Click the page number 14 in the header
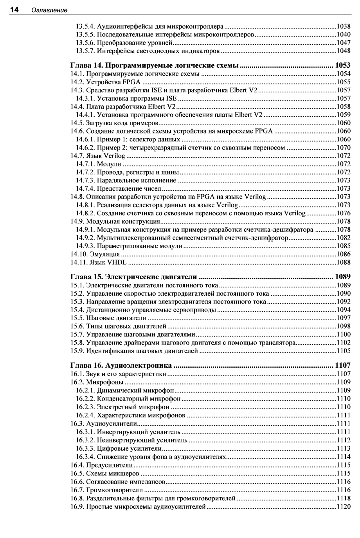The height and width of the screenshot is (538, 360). pyautogui.click(x=14, y=10)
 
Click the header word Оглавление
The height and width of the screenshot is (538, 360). pyautogui.click(x=50, y=10)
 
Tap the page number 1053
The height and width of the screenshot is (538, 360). pyautogui.click(x=343, y=65)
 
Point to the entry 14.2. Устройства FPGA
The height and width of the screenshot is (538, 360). pyautogui.click(x=105, y=82)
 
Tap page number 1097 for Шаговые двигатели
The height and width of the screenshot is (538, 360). pyautogui.click(x=344, y=318)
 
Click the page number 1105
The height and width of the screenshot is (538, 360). pyautogui.click(x=344, y=351)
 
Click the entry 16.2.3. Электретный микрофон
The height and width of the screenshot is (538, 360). pyautogui.click(x=122, y=407)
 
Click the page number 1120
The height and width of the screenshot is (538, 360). pyautogui.click(x=344, y=507)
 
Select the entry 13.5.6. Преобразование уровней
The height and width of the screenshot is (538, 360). pyautogui.click(x=124, y=43)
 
